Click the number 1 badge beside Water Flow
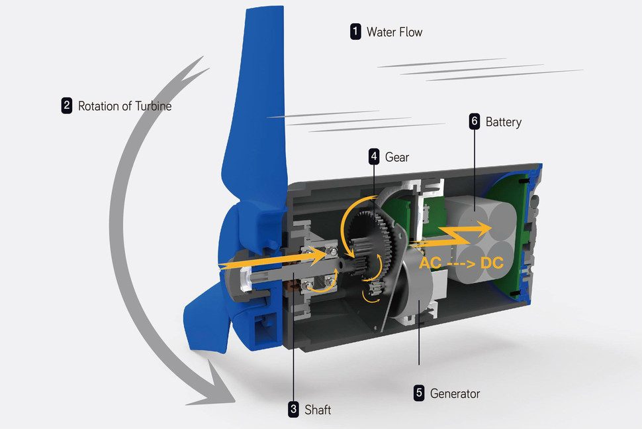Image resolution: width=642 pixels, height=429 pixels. pyautogui.click(x=356, y=31)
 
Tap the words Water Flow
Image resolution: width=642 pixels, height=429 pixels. pyautogui.click(x=394, y=32)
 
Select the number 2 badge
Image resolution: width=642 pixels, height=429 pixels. pyautogui.click(x=67, y=105)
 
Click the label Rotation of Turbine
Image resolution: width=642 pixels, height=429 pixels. pyautogui.click(x=124, y=106)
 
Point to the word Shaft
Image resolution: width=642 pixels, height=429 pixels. pyautogui.click(x=318, y=410)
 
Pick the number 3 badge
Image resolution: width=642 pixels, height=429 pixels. pyautogui.click(x=293, y=410)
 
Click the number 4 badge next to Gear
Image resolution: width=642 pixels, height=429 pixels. pyautogui.click(x=374, y=157)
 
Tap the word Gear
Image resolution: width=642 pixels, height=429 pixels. pyautogui.click(x=397, y=158)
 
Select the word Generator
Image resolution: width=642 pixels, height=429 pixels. pyautogui.click(x=455, y=394)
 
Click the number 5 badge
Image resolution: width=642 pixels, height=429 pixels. pyautogui.click(x=419, y=393)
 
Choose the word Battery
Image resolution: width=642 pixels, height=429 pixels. pyautogui.click(x=503, y=122)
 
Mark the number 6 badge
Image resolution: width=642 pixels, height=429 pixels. pyautogui.click(x=474, y=122)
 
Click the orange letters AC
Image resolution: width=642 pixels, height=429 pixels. pyautogui.click(x=431, y=263)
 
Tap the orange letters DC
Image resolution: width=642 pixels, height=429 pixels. pyautogui.click(x=492, y=263)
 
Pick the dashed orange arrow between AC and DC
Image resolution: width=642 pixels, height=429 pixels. pyautogui.click(x=461, y=263)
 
